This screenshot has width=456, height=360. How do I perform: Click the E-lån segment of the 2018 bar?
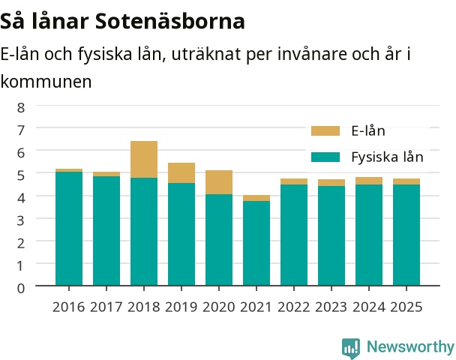pos(144,159)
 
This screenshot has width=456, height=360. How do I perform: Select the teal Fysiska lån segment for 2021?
pos(256,243)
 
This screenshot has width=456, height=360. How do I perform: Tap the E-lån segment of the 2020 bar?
pos(219,182)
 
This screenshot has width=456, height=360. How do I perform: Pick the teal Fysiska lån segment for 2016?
pos(69,229)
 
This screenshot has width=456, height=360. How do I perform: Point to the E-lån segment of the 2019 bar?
pos(181,172)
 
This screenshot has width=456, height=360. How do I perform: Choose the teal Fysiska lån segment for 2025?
pos(406,235)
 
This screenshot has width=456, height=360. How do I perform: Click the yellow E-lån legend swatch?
pos(325,130)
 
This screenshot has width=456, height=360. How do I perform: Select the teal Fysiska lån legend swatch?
pos(325,157)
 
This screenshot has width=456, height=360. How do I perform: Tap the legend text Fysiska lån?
pos(387,157)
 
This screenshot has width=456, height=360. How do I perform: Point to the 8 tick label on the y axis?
pos(21,107)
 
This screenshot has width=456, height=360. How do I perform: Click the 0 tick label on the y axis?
pos(21,288)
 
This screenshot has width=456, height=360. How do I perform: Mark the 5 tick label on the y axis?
pos(21,175)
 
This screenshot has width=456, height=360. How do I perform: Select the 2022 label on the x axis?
pos(294,307)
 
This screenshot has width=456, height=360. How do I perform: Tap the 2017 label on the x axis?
pos(106,307)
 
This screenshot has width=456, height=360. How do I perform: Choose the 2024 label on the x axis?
pos(369,307)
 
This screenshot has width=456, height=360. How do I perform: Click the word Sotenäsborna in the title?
pos(170,21)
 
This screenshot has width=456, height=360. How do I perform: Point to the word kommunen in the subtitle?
pos(46,82)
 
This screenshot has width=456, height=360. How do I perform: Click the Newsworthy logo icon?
pos(351,348)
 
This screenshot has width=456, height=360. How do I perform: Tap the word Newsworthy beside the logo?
pos(410,347)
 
